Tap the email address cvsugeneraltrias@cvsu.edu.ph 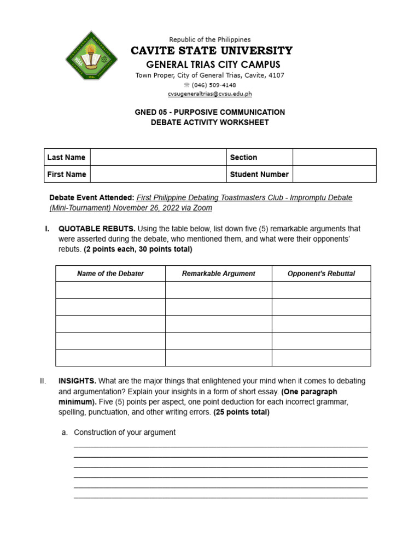pyautogui.click(x=209, y=94)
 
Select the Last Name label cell pyautogui.click(x=67, y=157)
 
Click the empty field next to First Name pyautogui.click(x=158, y=174)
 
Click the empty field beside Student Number pyautogui.click(x=334, y=174)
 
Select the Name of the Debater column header pyautogui.click(x=110, y=273)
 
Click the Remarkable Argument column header pyautogui.click(x=218, y=273)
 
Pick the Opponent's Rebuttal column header pyautogui.click(x=321, y=273)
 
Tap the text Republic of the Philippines pyautogui.click(x=210, y=39)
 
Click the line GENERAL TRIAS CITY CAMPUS pyautogui.click(x=210, y=65)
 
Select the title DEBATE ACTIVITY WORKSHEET pyautogui.click(x=210, y=122)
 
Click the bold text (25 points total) pyautogui.click(x=241, y=412)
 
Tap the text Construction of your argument pyautogui.click(x=125, y=432)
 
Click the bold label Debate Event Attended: pyautogui.click(x=91, y=197)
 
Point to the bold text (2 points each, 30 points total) pyautogui.click(x=138, y=249)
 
